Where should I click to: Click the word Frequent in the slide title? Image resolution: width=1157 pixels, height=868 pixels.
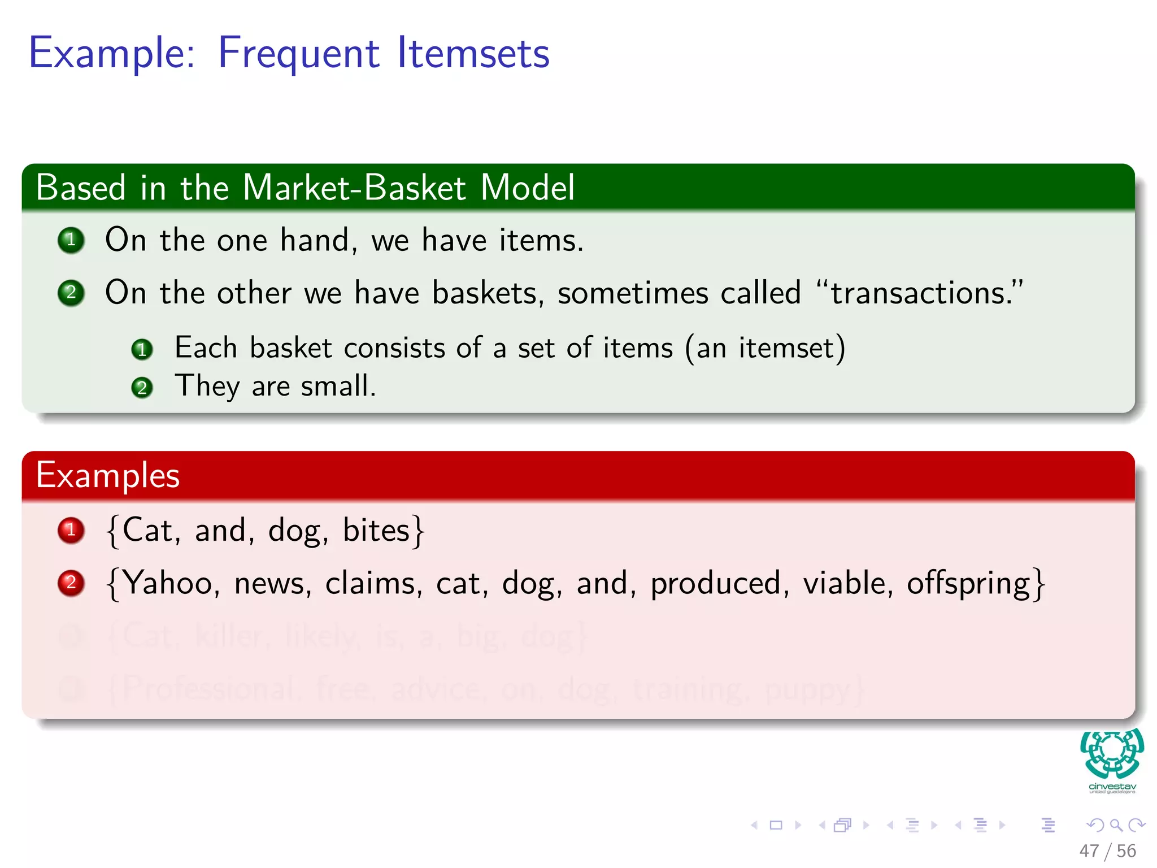pos(298,54)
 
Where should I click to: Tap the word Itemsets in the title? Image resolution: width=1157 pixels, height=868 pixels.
pos(473,54)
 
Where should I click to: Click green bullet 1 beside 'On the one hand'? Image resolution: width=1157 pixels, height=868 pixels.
pos(71,240)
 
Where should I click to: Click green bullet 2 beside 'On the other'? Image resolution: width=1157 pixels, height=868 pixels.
pos(71,293)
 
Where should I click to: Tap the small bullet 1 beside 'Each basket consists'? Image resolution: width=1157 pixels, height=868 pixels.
pos(142,349)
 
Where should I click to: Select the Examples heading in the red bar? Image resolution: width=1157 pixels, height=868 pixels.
pos(108,475)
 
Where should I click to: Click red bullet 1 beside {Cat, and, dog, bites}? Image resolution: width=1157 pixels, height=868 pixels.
pos(71,530)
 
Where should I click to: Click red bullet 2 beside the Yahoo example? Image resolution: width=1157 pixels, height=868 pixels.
pos(71,583)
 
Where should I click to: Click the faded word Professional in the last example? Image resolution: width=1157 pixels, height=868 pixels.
pos(208,689)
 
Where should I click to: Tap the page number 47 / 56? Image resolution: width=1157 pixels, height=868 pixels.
pos(1107,850)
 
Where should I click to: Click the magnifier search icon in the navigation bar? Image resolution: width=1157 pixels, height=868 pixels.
pos(1116,825)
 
